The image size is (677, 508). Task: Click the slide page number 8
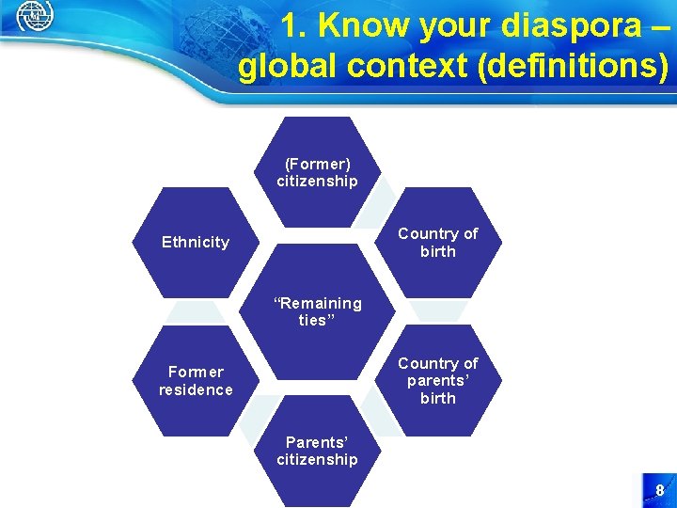pos(659,490)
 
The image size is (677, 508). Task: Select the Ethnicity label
pos(196,242)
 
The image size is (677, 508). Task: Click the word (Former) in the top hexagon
pos(317,164)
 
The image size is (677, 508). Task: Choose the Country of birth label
pos(438,242)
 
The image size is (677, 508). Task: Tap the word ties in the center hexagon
pos(315,321)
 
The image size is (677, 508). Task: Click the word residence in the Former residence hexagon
pos(196,389)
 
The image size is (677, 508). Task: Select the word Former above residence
pos(196,372)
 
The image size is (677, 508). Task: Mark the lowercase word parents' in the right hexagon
pos(438,380)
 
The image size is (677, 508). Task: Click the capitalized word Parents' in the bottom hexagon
pos(317,441)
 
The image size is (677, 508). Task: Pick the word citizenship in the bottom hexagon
pos(317,459)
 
